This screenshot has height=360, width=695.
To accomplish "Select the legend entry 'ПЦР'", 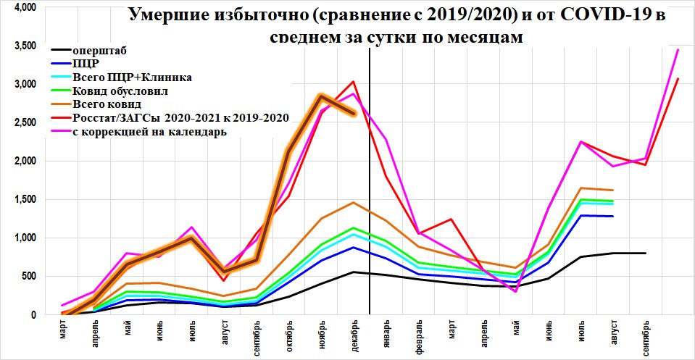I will [85, 64].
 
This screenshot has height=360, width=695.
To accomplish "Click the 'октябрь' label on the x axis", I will [288, 335].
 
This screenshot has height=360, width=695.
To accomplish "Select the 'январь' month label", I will [386, 335].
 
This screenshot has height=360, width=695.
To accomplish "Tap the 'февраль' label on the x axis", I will [418, 337].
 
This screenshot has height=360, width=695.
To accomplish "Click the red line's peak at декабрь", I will [353, 82].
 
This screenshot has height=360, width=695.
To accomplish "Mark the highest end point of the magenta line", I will [678, 49].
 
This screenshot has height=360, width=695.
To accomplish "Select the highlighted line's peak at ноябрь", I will [320, 96].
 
